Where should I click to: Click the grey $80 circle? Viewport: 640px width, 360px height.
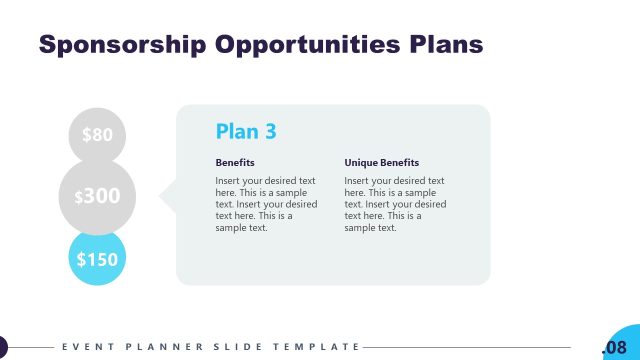(97, 134)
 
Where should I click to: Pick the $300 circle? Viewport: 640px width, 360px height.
(97, 196)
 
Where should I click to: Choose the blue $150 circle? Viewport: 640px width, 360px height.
(97, 259)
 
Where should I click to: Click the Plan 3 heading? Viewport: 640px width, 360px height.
(246, 131)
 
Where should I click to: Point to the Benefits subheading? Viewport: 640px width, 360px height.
(235, 162)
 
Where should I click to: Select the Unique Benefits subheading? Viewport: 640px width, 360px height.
(381, 162)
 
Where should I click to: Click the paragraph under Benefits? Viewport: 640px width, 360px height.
(266, 204)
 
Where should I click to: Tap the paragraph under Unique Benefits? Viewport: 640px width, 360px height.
(395, 204)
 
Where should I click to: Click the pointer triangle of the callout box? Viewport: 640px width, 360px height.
(168, 196)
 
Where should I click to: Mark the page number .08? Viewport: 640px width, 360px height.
(614, 347)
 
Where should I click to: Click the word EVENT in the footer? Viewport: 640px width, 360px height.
(82, 347)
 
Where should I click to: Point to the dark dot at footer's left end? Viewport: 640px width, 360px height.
(2, 347)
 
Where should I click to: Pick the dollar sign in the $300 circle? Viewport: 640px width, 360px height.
(79, 198)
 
